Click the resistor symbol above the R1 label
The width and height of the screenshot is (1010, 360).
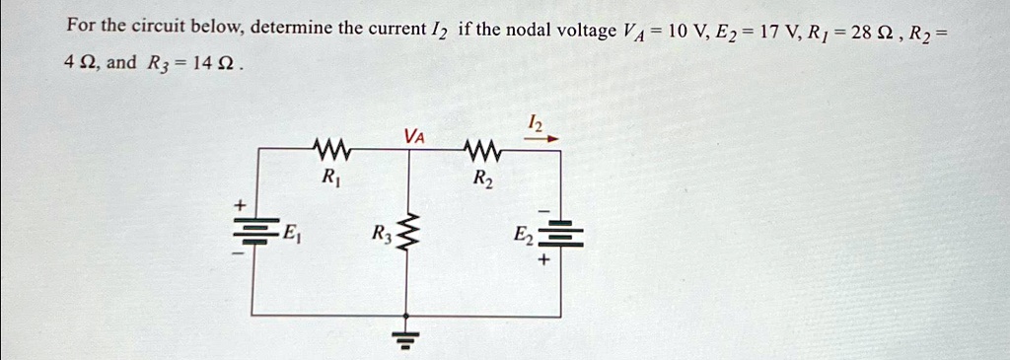(331, 151)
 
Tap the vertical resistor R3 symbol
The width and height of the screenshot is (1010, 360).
(405, 232)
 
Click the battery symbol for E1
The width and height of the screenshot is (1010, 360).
(255, 231)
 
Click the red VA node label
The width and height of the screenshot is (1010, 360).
(414, 136)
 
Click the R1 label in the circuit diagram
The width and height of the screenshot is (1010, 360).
(330, 176)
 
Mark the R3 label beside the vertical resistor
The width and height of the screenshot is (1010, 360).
(382, 233)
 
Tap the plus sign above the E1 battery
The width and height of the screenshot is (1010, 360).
(240, 206)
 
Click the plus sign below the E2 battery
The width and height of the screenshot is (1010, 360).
(544, 260)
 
